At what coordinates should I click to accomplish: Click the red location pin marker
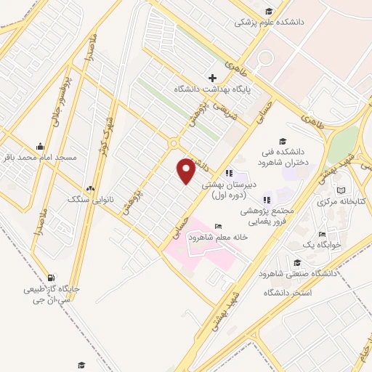click(x=186, y=170)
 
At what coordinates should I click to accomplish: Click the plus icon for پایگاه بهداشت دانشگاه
click(x=212, y=78)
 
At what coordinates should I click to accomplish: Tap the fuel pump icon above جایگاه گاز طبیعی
click(x=50, y=278)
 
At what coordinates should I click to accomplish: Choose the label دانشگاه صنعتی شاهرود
click(x=297, y=274)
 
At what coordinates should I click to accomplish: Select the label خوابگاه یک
click(x=319, y=245)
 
